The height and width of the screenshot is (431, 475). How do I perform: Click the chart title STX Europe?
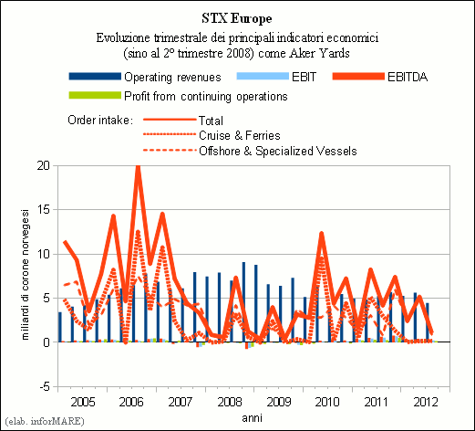(237, 18)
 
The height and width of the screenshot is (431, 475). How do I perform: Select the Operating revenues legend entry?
(145, 77)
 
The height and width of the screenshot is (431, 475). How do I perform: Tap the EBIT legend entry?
(276, 77)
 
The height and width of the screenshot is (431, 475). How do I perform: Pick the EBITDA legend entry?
(380, 77)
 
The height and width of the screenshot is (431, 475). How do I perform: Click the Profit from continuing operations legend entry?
(178, 96)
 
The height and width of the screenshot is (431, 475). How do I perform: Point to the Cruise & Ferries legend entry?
(212, 135)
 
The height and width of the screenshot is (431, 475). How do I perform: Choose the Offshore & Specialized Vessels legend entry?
(250, 151)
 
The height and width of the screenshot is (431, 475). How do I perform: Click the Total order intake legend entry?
(183, 121)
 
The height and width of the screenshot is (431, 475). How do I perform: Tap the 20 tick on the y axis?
(43, 165)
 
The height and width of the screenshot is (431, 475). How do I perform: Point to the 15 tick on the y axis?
(43, 210)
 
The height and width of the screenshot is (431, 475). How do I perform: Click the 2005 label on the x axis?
(83, 402)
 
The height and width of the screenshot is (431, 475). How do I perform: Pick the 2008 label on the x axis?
(230, 402)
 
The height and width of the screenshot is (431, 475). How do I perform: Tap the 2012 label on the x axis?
(426, 402)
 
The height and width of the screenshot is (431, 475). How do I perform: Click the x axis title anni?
(252, 418)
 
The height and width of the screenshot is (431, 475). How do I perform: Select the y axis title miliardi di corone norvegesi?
(25, 275)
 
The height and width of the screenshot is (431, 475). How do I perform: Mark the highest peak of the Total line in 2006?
(138, 166)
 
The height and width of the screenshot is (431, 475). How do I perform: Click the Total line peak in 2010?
(321, 234)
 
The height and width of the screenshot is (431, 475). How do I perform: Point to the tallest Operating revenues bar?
(243, 302)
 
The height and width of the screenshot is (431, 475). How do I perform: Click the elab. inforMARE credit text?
(45, 421)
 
